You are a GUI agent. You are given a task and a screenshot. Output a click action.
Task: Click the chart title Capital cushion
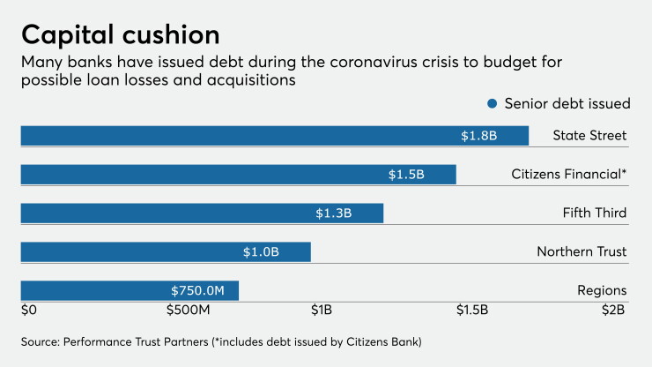coord(121,35)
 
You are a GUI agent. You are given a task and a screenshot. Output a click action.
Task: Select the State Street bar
coord(275,136)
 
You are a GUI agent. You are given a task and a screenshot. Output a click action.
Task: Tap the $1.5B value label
coord(406,174)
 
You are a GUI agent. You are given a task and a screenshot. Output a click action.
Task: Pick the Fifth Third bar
coord(202,213)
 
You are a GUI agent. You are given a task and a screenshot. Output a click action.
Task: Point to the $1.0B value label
coord(261,252)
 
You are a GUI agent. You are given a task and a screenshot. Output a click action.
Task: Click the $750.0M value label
coord(197,290)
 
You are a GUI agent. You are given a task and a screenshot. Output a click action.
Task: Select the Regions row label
coord(602,290)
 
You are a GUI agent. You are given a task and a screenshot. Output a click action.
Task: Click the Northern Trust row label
coord(582,251)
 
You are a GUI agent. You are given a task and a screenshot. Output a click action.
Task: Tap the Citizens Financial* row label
coord(569,174)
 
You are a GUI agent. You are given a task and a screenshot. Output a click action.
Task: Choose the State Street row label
coord(589,135)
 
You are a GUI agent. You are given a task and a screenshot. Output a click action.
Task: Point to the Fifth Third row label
coord(595,213)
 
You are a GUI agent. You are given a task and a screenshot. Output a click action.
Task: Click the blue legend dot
coord(493,104)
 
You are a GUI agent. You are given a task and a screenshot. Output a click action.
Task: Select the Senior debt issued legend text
coord(567,104)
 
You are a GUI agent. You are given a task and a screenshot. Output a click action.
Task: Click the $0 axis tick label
coord(29,310)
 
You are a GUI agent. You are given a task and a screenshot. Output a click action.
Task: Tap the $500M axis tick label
coord(188,310)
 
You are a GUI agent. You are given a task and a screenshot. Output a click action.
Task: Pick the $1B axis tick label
coord(322,310)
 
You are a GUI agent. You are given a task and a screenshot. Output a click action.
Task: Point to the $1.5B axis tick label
coord(472,310)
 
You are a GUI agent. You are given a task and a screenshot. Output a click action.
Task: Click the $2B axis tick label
coord(613,310)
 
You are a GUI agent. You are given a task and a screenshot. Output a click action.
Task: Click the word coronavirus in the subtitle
coord(374,62)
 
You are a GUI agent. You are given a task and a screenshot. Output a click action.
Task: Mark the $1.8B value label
coord(479,136)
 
